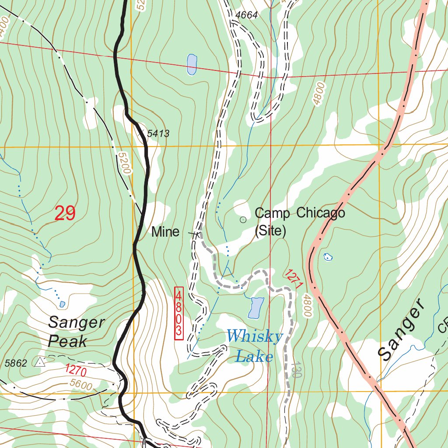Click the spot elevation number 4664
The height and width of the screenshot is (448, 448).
click(246, 15)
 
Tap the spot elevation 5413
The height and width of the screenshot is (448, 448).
click(158, 133)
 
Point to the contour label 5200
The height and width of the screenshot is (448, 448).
click(124, 163)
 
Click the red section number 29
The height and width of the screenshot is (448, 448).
click(65, 213)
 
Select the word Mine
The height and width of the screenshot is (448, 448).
click(165, 232)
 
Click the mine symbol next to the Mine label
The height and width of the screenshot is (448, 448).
click(194, 234)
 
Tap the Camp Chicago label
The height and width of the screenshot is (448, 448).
click(300, 213)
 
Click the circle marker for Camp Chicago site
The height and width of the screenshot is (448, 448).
click(243, 220)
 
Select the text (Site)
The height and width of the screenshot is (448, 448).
click(270, 231)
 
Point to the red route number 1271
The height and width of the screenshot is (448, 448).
click(294, 279)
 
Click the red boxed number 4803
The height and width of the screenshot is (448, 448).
click(178, 313)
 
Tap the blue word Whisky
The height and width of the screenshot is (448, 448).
click(255, 337)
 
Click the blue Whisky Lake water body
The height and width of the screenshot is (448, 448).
click(255, 308)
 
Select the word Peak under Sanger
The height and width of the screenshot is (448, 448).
click(68, 341)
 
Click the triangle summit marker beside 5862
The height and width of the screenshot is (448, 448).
click(40, 362)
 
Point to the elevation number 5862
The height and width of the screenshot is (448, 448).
click(16, 363)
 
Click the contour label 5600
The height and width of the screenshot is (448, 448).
click(81, 385)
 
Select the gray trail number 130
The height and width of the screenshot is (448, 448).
click(296, 370)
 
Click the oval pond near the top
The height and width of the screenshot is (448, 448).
click(192, 64)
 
